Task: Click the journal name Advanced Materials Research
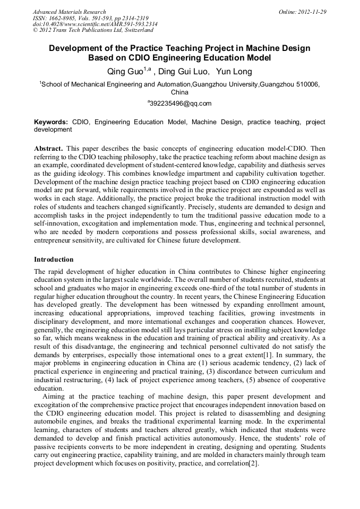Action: click(x=69, y=12)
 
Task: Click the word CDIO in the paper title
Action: click(x=143, y=58)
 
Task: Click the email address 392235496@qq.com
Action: click(x=181, y=103)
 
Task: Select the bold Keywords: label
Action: click(x=51, y=122)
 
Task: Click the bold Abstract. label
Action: click(x=48, y=149)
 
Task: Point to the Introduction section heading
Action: click(x=54, y=260)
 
